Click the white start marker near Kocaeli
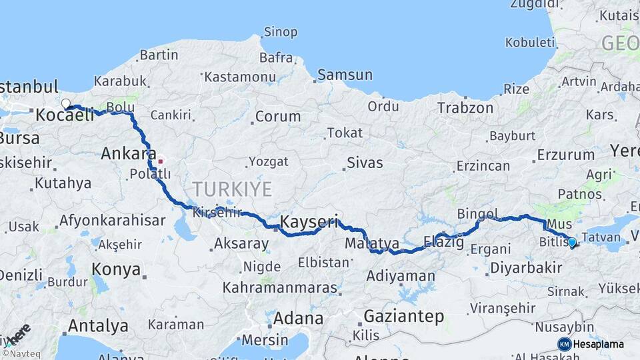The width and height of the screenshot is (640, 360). pos(66,103)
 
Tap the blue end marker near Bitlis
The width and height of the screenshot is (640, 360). pos(571,242)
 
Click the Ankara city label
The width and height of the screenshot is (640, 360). pos(129,154)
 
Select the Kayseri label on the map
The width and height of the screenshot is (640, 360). pos(309,221)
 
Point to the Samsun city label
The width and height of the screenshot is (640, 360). pos(345,75)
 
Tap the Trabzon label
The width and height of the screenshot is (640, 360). pos(465,107)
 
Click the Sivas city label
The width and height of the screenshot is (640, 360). pos(365,163)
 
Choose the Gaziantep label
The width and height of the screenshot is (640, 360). pos(403,316)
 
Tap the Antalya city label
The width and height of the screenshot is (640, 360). pos(99,326)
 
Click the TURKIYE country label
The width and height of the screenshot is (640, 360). pos(232,189)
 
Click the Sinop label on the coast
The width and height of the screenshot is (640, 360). pos(281,31)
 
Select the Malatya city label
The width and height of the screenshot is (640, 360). pos(371,243)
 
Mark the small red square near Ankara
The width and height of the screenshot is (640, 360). pos(160,161)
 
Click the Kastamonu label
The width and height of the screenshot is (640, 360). pos(240,77)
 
